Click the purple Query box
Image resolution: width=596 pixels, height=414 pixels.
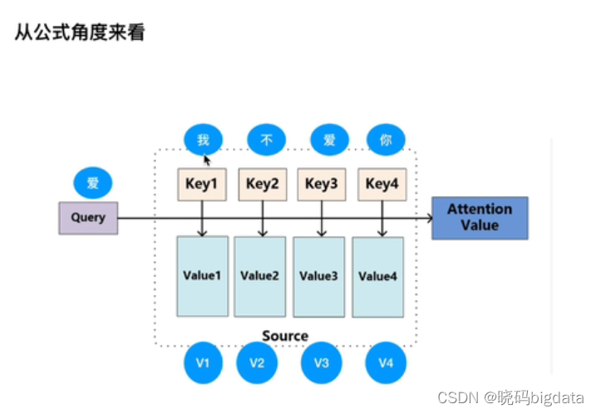pos(88,218)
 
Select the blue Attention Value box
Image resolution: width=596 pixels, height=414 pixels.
pos(480,218)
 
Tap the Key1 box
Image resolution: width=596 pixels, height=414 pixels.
pos(202,185)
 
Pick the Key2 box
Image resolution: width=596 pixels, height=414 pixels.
pos(263,185)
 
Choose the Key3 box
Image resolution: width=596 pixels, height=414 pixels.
pos(322,185)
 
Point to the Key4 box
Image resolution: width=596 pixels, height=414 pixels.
pos(382,185)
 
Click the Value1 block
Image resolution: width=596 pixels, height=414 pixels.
pos(202,276)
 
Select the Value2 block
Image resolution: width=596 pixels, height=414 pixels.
pos(260,276)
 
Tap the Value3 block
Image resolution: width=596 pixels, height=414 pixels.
pos(318,276)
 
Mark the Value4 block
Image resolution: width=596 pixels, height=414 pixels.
pos(378,277)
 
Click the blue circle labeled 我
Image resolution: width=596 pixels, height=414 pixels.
pos(203,140)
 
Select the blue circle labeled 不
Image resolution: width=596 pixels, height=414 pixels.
pos(267,140)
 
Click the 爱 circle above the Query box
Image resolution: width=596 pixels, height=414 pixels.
pos(92,183)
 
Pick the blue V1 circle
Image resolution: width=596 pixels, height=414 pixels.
pos(203,362)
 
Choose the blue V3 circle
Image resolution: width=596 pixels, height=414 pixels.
pos(321,362)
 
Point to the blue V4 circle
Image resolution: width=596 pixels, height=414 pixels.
pos(385,362)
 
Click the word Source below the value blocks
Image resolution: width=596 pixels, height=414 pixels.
pos(285,336)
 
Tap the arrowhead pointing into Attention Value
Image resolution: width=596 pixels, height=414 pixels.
pos(428,218)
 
